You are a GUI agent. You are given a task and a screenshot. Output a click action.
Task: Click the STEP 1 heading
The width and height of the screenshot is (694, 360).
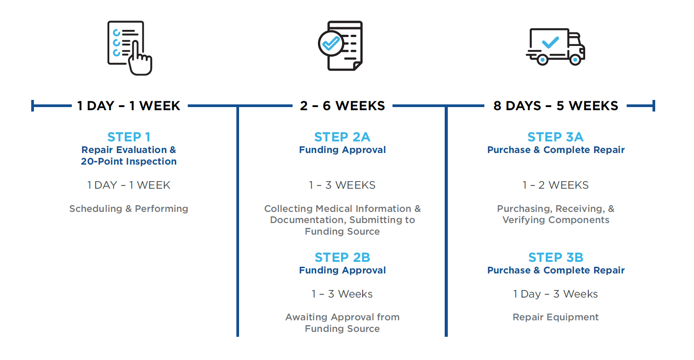coord(129,137)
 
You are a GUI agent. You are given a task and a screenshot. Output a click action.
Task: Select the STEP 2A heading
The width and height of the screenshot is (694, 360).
coord(343,137)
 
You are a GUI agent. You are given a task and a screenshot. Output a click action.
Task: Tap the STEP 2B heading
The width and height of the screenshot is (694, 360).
coord(343,257)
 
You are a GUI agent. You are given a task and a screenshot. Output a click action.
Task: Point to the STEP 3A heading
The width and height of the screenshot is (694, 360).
coord(555,137)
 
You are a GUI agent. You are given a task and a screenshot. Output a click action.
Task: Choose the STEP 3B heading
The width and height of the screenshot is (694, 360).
coord(555,257)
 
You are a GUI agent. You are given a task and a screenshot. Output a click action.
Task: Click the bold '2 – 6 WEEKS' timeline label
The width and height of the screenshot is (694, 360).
coord(343,106)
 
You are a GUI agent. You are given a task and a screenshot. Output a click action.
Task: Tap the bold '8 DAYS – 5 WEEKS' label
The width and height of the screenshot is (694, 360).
coord(556,106)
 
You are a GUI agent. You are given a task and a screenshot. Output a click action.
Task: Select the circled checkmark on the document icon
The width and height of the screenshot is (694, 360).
coord(331,44)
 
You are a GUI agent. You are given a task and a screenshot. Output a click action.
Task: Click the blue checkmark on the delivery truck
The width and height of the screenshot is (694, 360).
coord(550,42)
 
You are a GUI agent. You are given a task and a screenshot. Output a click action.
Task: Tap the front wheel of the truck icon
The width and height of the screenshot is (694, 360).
coord(575,59)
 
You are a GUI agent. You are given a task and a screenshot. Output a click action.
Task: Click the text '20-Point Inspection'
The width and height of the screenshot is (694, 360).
coord(128,161)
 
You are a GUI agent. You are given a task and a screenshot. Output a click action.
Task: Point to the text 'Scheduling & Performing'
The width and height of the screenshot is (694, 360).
coord(128,209)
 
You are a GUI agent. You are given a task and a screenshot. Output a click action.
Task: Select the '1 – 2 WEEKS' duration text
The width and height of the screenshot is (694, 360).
coord(555,185)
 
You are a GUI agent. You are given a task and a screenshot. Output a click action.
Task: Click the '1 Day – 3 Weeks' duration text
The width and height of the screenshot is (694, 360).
coord(555,294)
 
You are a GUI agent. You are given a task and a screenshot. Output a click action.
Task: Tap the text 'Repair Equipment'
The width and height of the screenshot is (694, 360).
coord(555,317)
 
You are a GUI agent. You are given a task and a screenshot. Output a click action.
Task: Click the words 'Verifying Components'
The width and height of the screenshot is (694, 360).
coord(555,220)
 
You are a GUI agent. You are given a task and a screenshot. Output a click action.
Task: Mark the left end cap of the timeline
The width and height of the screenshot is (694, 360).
coord(33,106)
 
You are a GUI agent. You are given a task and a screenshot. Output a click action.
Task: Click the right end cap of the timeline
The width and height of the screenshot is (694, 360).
coord(654,106)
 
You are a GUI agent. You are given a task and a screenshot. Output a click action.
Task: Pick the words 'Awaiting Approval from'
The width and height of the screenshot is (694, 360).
coord(343,317)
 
